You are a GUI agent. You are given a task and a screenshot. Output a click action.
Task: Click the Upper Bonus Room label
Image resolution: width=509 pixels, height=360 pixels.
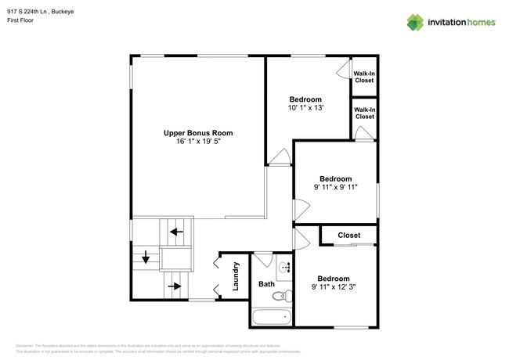pos(197,133)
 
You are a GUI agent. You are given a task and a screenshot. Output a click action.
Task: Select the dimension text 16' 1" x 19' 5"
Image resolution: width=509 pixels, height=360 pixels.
pos(197,142)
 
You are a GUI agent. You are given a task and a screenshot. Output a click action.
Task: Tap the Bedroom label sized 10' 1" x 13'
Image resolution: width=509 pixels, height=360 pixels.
pos(305,99)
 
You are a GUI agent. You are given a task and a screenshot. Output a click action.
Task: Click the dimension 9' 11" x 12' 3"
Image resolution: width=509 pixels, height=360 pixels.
pos(334,287)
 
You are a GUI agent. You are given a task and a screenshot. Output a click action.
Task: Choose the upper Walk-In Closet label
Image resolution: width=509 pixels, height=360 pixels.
pos(364,77)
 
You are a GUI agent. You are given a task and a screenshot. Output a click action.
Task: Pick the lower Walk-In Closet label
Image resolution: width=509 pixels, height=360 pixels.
pos(364,113)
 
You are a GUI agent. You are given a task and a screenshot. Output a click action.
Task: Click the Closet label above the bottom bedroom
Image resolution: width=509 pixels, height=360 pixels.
pos(348,236)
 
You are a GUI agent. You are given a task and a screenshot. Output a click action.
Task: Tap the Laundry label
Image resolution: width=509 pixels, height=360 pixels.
pos(235,276)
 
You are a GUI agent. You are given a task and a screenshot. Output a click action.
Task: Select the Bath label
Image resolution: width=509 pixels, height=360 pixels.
pos(266,284)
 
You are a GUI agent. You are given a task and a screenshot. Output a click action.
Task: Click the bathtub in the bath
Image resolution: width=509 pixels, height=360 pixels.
pos(271,317)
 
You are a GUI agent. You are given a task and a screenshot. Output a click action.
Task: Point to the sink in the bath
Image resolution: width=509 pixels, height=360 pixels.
pos(285,267)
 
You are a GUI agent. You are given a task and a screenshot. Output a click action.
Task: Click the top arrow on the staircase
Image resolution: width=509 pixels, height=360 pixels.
pos(177,232)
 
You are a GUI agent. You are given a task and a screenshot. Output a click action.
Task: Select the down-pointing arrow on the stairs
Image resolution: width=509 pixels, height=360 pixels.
pos(146,257)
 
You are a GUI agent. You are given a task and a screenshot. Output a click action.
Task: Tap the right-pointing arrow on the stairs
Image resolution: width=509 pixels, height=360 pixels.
pos(175,286)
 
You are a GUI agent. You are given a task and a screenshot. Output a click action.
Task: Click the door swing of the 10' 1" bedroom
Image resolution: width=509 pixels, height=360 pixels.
pos(279,156)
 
